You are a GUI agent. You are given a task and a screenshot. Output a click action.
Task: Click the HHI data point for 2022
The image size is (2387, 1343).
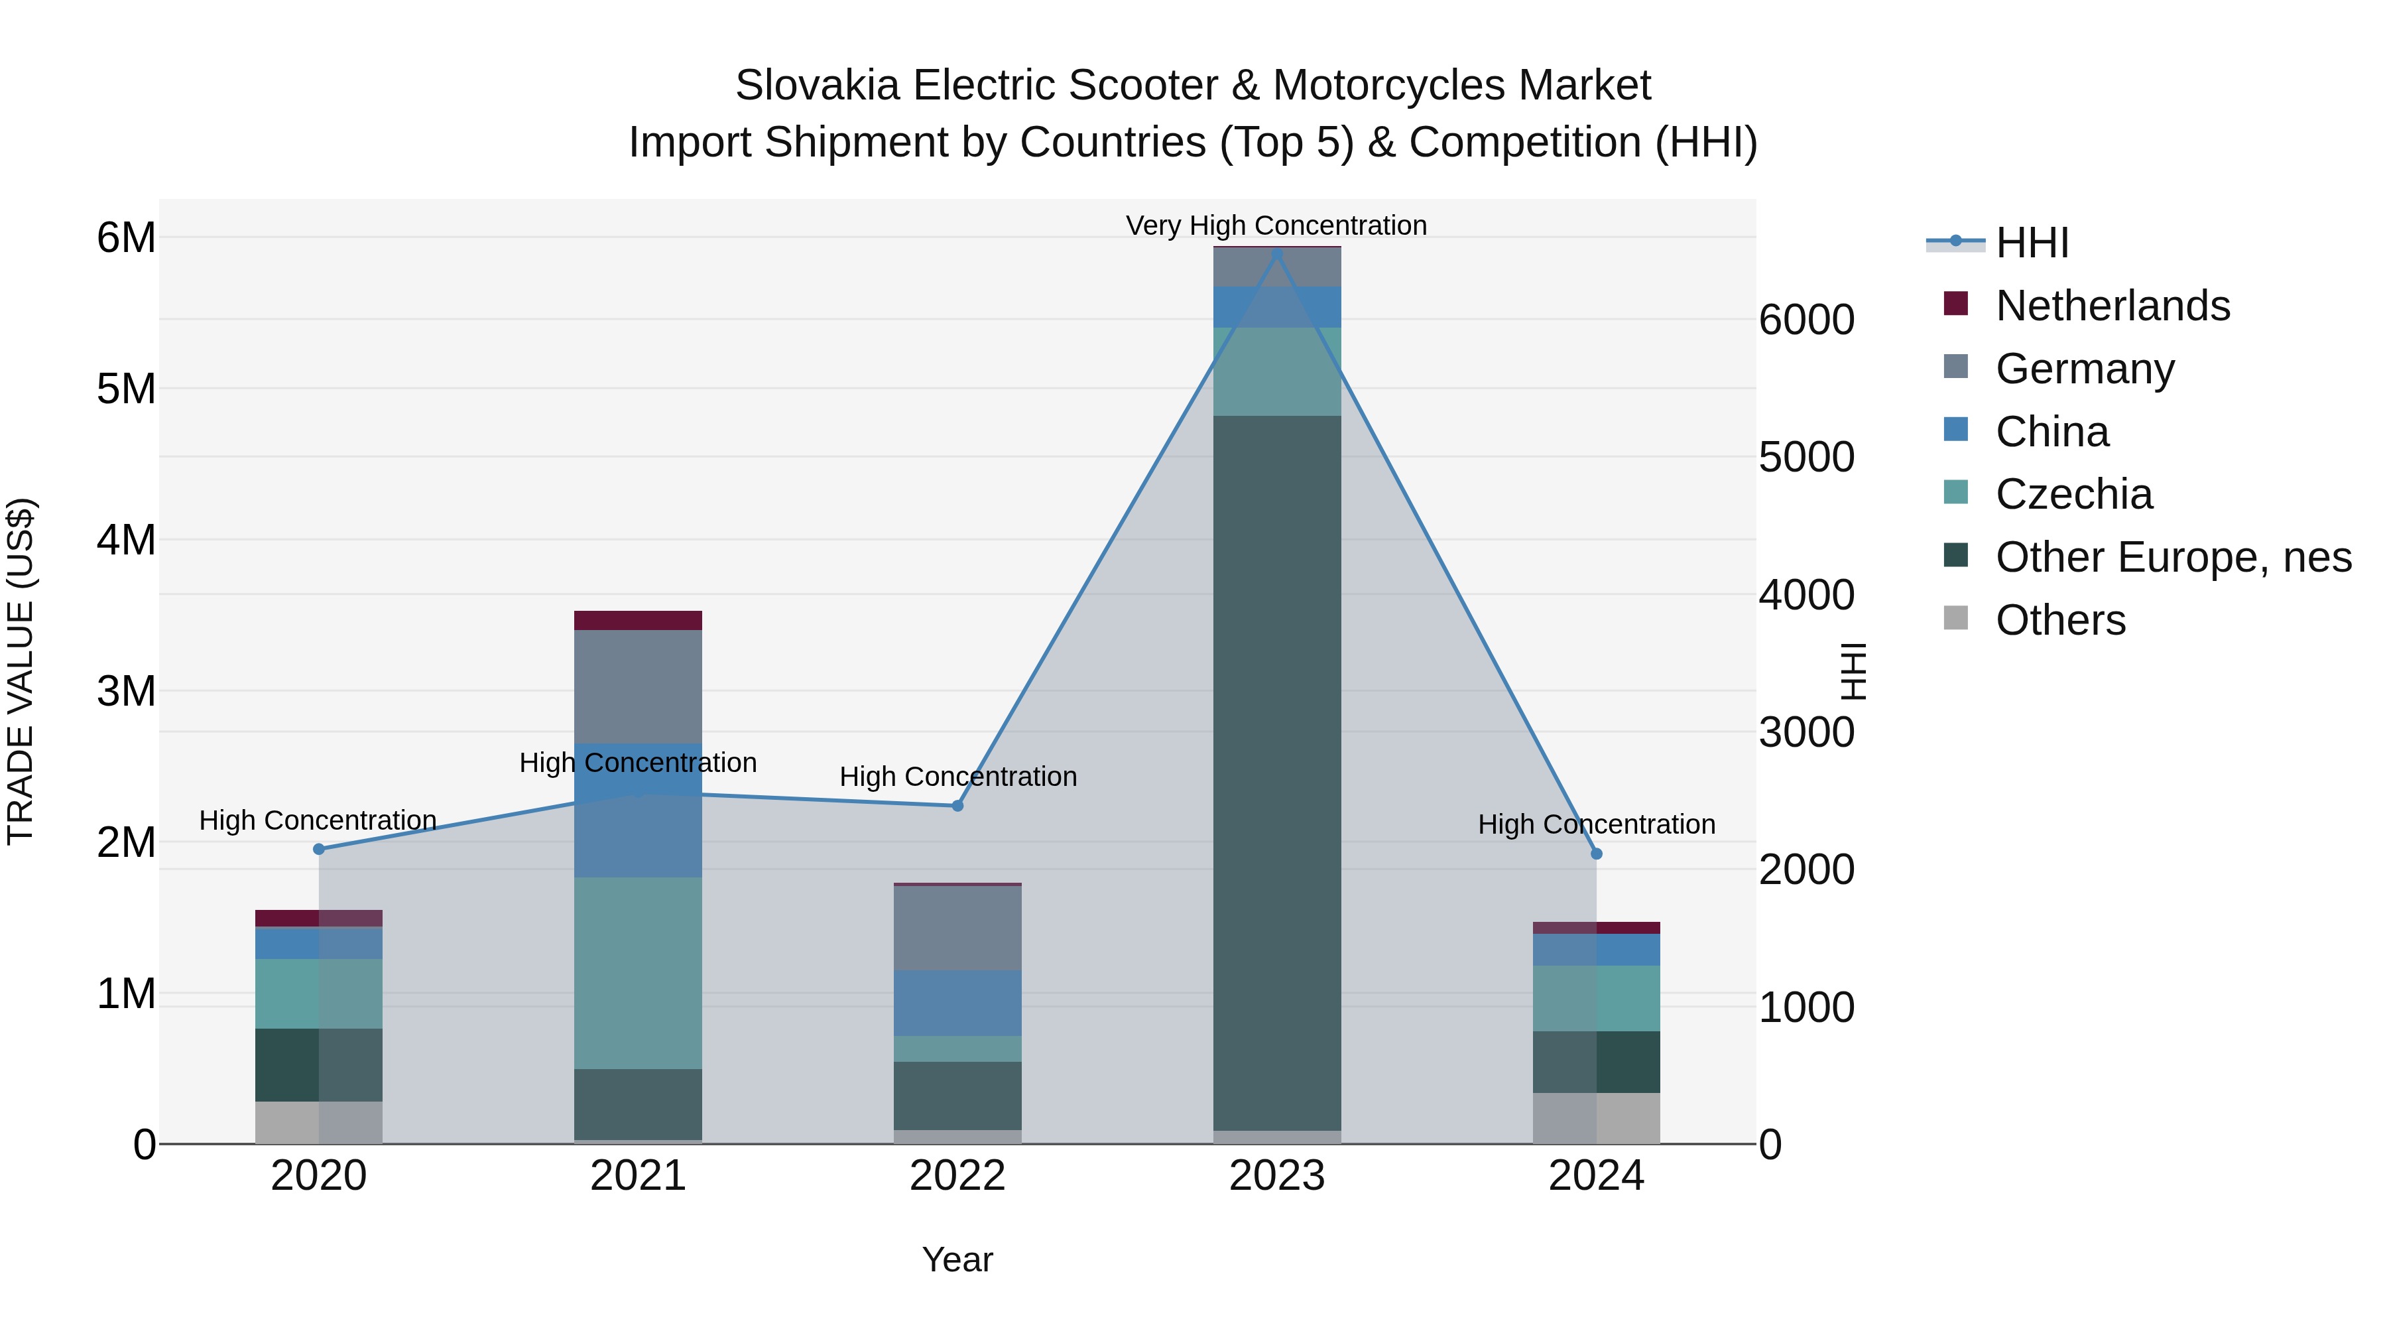[x=957, y=805]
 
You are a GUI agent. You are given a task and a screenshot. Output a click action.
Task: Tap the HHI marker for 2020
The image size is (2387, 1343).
[x=319, y=849]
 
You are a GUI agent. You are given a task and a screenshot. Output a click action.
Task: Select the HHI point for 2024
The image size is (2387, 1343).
[x=1596, y=854]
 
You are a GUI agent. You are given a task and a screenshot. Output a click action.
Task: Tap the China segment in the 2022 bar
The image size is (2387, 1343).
[x=957, y=1003]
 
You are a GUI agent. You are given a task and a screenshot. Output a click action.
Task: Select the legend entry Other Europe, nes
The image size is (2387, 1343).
[x=2172, y=557]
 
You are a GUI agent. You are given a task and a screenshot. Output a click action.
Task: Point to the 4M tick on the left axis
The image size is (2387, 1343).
[x=127, y=539]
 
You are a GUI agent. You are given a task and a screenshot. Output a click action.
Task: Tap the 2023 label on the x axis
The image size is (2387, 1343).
[x=1277, y=1176]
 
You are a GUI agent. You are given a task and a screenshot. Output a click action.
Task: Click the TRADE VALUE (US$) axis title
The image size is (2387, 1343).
[x=21, y=671]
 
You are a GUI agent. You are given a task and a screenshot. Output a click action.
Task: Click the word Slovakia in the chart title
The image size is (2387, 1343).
[x=816, y=86]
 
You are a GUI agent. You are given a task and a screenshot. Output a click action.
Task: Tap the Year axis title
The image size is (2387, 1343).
[x=957, y=1259]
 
